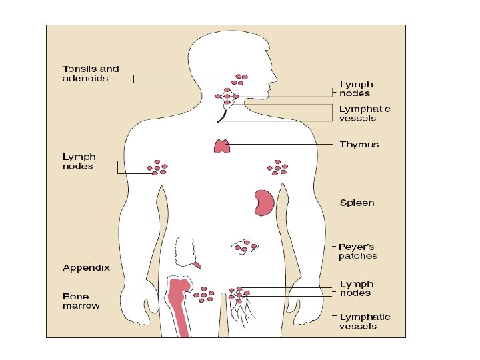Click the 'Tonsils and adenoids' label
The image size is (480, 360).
click(91, 73)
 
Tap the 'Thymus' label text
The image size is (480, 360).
click(359, 144)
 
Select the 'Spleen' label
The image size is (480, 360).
click(357, 203)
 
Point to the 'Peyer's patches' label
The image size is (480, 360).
click(357, 251)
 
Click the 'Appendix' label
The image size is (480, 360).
click(86, 267)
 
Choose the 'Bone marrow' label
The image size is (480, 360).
click(81, 301)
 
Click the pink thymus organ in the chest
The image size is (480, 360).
click(221, 145)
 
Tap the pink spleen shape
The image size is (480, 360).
click(263, 203)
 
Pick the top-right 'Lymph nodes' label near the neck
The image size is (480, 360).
click(356, 89)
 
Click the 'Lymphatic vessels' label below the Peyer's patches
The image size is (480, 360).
click(365, 321)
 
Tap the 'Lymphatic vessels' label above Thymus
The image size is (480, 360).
click(365, 113)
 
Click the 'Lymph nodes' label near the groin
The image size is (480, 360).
click(355, 288)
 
